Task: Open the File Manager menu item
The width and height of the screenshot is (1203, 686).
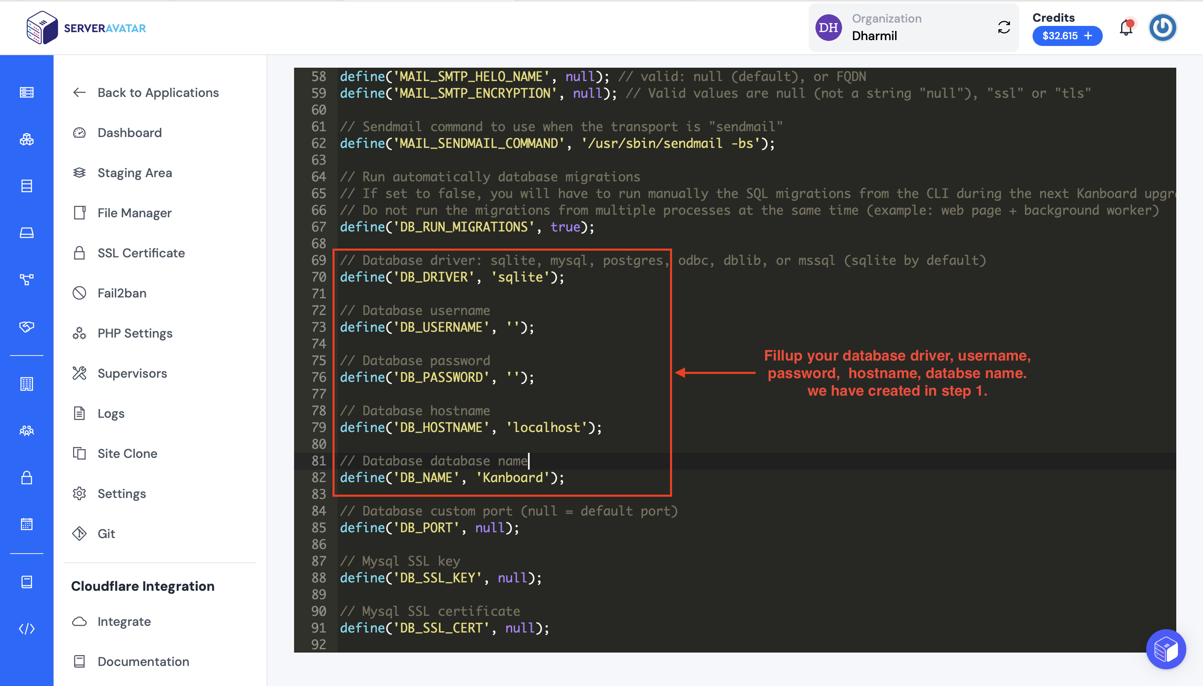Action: coord(122,213)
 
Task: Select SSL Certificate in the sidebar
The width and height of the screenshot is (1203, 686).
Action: coord(129,253)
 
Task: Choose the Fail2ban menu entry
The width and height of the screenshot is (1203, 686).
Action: coord(110,293)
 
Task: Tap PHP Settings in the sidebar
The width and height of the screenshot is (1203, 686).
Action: coord(123,333)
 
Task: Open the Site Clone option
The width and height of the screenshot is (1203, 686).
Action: coord(115,453)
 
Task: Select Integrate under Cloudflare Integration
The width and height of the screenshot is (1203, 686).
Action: coord(112,621)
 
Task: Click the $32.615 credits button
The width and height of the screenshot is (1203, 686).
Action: coord(1067,36)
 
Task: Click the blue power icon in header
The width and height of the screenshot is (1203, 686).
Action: coord(1162,27)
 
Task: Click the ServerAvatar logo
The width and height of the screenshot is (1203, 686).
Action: coord(86,28)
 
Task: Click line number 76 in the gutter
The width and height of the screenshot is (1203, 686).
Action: coord(318,377)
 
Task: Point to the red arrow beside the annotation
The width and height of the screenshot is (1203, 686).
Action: coord(715,373)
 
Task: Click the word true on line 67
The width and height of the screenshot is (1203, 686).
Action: coord(565,227)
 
